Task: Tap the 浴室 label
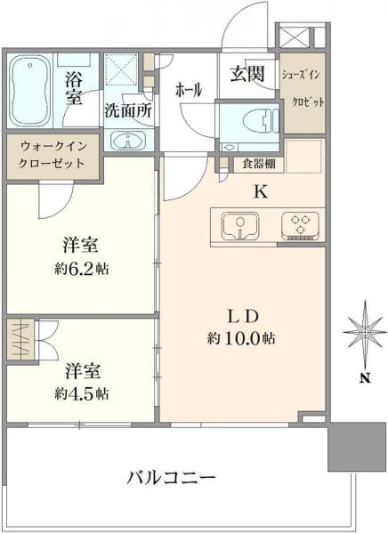pos(75,87)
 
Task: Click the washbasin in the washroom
pos(127,141)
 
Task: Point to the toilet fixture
pos(247,125)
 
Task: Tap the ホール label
pos(189,91)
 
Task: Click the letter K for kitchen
pos(262,190)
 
